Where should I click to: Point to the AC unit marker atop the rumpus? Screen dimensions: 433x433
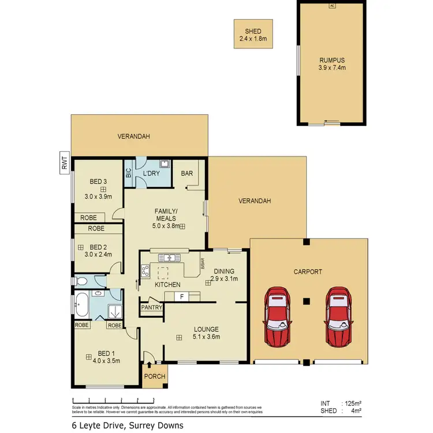pyautogui.click(x=331, y=6)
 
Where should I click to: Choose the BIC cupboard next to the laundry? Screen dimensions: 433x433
pyautogui.click(x=128, y=172)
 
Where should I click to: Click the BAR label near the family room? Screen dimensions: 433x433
pyautogui.click(x=187, y=173)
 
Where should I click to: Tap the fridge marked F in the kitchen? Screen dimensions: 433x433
pyautogui.click(x=181, y=296)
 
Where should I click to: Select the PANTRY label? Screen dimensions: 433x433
pyautogui.click(x=152, y=308)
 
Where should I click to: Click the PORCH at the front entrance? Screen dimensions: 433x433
pyautogui.click(x=154, y=376)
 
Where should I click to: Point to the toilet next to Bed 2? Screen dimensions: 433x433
pyautogui.click(x=83, y=281)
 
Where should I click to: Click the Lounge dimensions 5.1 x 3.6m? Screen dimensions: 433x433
pyautogui.click(x=206, y=337)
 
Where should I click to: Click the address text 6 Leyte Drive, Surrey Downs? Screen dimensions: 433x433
pyautogui.click(x=127, y=425)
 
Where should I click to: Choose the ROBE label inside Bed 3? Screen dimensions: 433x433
pyautogui.click(x=89, y=218)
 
